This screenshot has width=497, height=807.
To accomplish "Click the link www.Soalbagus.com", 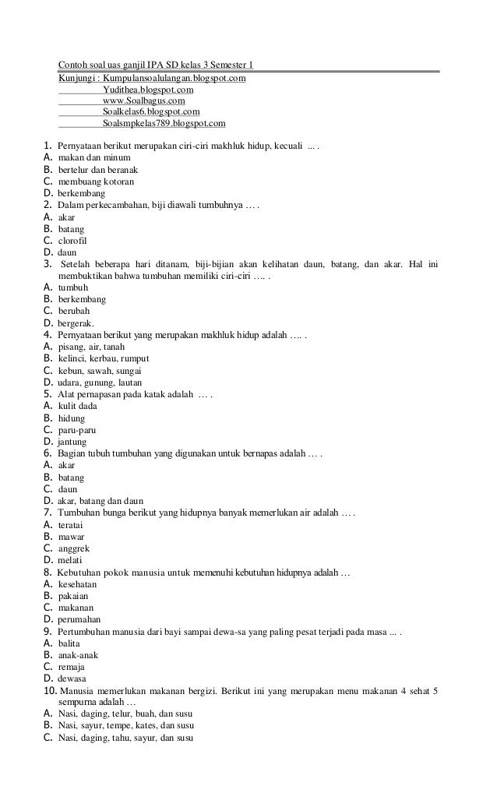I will click(x=143, y=100).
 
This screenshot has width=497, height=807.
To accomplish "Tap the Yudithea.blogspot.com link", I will click(x=148, y=90).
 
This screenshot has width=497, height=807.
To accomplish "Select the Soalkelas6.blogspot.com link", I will click(x=151, y=111).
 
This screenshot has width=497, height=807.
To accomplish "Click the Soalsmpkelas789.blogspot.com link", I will click(x=164, y=123).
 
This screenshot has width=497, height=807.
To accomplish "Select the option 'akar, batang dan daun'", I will click(x=100, y=500).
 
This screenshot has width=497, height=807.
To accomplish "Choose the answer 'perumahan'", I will click(x=79, y=619).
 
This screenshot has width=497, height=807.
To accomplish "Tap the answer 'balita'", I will click(x=70, y=643).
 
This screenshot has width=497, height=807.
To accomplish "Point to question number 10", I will click(x=49, y=690).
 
